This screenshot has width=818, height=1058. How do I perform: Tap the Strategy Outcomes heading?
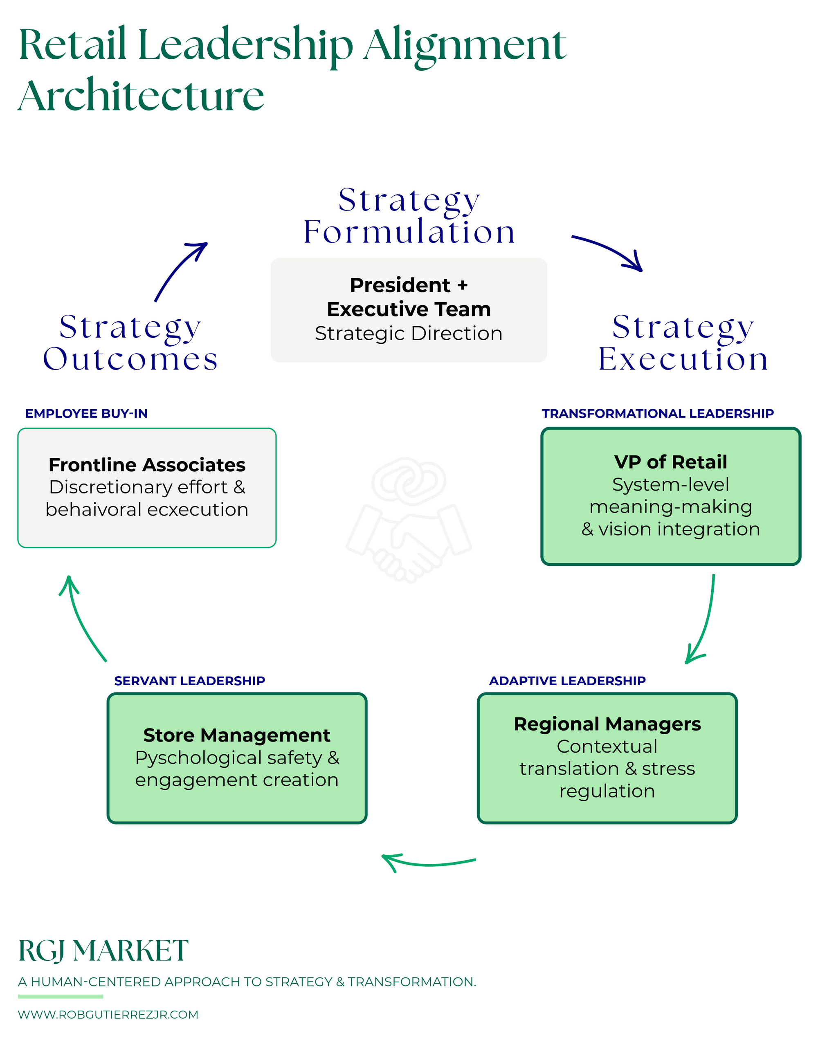(x=130, y=343)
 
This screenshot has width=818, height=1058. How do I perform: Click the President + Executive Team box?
(x=409, y=310)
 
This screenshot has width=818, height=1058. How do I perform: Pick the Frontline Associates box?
(x=147, y=487)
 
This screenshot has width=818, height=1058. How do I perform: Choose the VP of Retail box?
(x=671, y=496)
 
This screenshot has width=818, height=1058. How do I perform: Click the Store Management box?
(x=236, y=758)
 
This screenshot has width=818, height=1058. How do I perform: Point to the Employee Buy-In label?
(x=86, y=413)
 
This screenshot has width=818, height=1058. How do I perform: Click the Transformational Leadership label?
(x=658, y=413)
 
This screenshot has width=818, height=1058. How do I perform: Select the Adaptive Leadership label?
(x=567, y=681)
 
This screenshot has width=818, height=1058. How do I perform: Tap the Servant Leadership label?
(x=189, y=681)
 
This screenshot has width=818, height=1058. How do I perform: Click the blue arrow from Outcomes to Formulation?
(x=179, y=271)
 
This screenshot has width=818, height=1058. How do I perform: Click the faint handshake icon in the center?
(x=409, y=521)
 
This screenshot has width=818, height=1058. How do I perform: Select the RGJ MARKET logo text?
(x=103, y=950)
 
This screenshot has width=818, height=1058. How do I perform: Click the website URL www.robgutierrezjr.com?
(x=108, y=1014)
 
